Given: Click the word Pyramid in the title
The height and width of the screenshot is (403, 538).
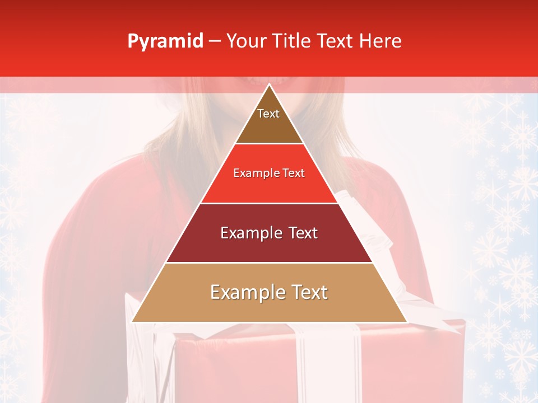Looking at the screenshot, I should coord(165,41).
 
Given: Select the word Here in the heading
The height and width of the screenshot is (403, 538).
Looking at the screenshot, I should coord(381,41).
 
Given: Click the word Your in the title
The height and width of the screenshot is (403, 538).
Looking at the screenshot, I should coord(245,41).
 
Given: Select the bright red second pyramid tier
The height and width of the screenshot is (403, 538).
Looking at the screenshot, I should coord(269,185).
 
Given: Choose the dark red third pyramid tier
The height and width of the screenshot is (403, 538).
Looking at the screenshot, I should coord(269,246).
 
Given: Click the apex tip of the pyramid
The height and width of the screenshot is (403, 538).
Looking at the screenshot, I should coord(269,85).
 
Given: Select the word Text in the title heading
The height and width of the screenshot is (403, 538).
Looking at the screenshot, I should coord(335,41).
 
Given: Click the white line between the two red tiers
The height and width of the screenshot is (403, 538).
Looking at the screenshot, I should coord(269,203).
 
